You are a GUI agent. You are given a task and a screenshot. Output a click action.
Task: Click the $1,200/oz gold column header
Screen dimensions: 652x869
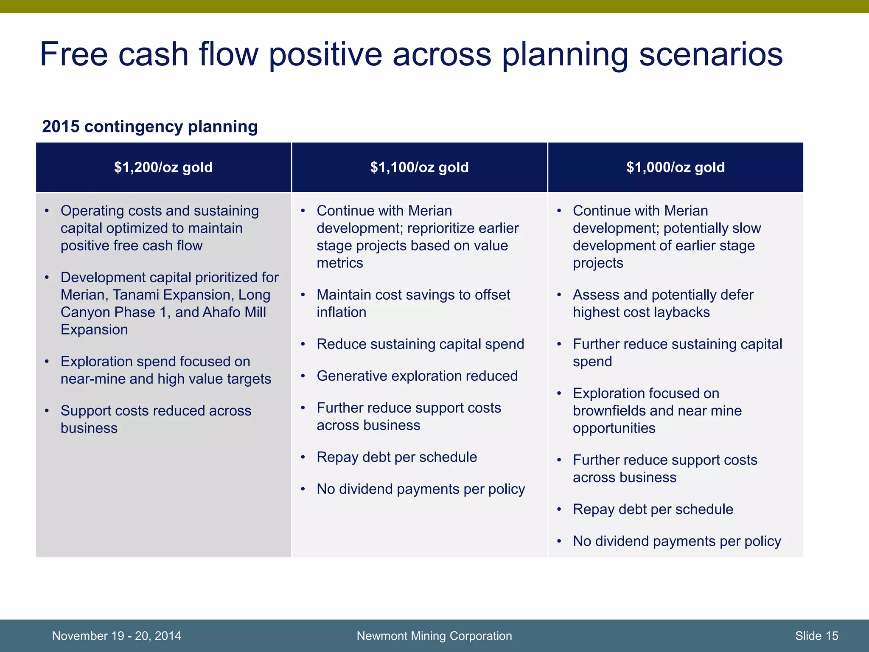click(x=163, y=167)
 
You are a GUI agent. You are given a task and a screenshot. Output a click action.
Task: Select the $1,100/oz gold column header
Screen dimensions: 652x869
click(x=419, y=167)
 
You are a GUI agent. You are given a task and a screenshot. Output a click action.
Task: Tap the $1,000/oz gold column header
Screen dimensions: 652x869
click(x=676, y=167)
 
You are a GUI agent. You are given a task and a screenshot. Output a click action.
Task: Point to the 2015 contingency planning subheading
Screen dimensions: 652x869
click(x=150, y=126)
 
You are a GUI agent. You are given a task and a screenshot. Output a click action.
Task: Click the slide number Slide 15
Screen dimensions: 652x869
click(x=816, y=635)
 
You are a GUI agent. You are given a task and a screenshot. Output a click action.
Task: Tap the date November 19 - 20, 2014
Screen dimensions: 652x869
click(x=116, y=635)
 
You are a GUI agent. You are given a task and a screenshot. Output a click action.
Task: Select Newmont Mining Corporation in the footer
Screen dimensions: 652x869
click(x=434, y=635)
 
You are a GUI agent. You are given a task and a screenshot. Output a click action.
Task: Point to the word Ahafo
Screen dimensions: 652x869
click(x=221, y=312)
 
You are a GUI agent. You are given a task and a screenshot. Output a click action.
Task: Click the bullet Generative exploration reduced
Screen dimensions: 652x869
click(x=417, y=376)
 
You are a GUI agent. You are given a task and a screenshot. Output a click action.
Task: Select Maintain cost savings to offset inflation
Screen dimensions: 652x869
click(x=413, y=303)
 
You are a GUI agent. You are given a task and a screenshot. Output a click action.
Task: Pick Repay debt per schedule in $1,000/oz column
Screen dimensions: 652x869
click(x=653, y=509)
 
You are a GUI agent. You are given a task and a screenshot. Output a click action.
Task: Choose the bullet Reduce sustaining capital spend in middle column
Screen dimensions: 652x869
click(x=420, y=344)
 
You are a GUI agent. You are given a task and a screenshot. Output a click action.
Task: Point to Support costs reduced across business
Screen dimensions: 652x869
click(x=156, y=419)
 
